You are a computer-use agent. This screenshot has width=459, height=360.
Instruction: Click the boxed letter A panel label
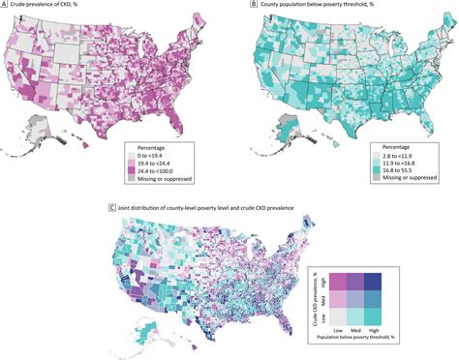(x=6, y=6)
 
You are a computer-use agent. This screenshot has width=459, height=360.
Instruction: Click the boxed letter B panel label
(x=237, y=6)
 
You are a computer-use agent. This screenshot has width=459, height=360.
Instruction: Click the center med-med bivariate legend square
(x=353, y=299)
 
